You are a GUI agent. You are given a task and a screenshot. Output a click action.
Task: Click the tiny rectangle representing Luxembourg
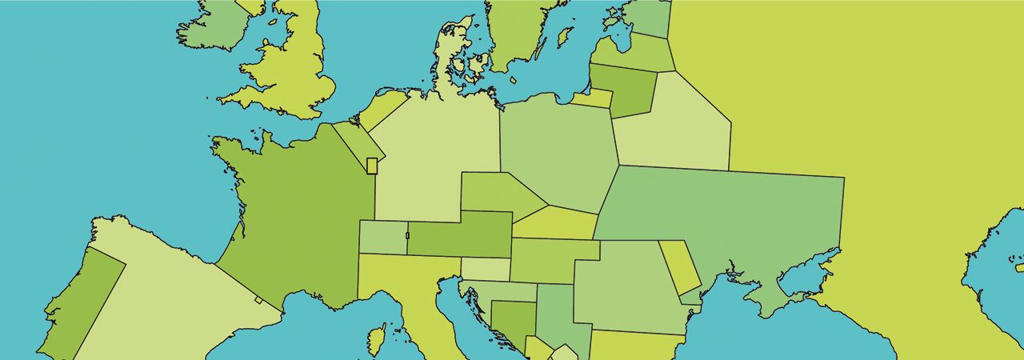pos(371,166)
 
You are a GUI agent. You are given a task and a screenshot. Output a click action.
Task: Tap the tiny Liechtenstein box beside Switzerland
pos(407,235)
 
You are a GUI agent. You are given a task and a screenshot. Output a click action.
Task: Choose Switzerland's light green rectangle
pos(382,238)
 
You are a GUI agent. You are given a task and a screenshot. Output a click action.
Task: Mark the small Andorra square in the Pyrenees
pos(258,300)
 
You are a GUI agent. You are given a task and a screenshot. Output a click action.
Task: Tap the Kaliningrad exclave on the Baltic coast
pos(592,98)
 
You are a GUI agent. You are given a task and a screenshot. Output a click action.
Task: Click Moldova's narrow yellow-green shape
pos(678,266)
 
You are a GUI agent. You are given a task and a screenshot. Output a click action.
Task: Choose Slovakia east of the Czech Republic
pos(556,223)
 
